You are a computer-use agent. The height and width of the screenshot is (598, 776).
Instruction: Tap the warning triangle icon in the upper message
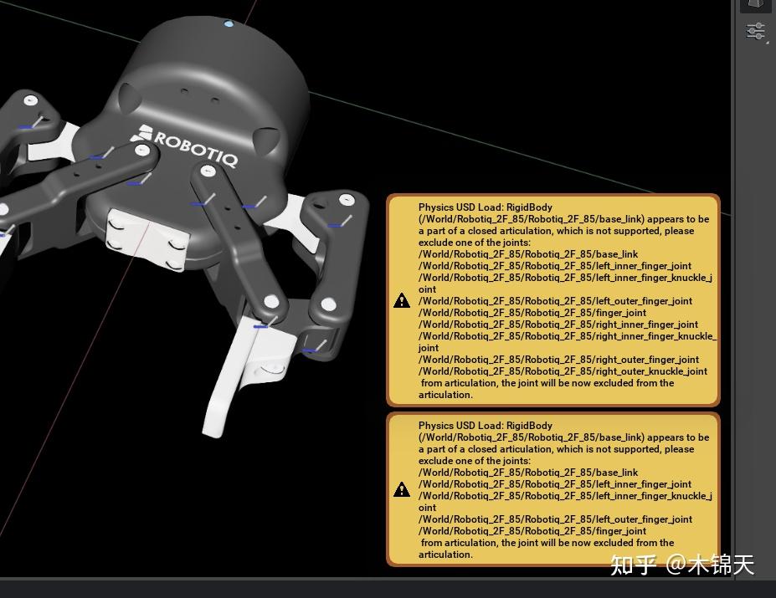(x=402, y=300)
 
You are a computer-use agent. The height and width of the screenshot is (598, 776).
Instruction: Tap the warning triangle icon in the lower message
(x=402, y=489)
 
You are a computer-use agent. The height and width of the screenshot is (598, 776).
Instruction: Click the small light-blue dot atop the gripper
(x=229, y=24)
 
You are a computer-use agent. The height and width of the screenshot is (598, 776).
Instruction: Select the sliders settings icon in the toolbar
(x=755, y=32)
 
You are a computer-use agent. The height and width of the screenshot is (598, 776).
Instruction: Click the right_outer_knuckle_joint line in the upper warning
(x=563, y=371)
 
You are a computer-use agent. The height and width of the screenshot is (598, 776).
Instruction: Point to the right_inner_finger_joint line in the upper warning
(x=558, y=325)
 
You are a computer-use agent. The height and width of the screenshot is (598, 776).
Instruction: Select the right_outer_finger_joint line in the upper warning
(x=558, y=360)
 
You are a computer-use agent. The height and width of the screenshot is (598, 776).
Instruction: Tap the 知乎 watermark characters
(x=634, y=565)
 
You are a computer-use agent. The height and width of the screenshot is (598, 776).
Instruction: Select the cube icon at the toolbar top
(x=755, y=4)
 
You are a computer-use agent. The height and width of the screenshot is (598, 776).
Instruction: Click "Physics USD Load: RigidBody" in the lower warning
(x=486, y=426)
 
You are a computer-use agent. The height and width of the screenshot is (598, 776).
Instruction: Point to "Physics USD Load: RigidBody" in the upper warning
(x=486, y=207)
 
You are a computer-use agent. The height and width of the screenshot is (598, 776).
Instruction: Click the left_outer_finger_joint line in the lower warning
(x=556, y=519)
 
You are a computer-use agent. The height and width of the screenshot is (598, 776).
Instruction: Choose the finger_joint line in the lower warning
(x=532, y=531)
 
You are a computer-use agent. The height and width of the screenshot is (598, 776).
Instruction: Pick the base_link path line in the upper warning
(x=528, y=254)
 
